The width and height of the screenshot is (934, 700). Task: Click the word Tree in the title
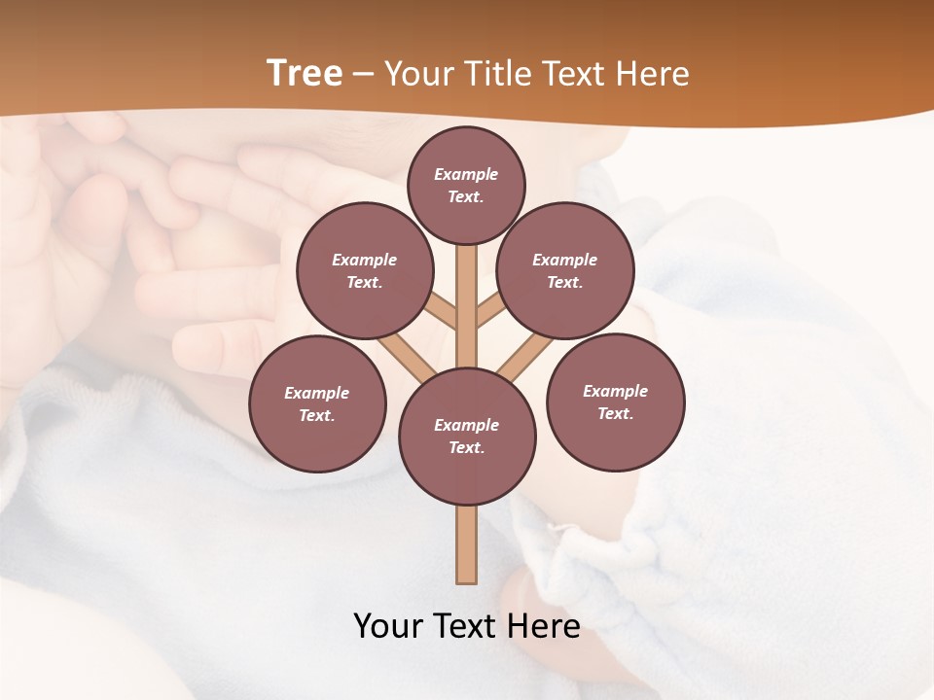tap(305, 74)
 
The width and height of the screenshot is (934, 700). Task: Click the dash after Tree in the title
tap(363, 75)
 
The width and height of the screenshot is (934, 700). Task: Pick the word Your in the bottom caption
tap(389, 626)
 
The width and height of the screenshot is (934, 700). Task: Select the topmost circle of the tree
tap(466, 185)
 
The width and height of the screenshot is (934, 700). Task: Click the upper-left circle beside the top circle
tap(364, 270)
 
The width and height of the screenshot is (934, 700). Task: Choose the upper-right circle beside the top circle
tap(565, 270)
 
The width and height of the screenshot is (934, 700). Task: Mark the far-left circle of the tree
tap(317, 403)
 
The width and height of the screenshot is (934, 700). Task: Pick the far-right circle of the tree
tap(615, 402)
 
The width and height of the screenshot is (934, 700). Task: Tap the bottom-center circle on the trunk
tap(467, 436)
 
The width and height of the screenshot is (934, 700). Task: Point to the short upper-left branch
tap(441, 311)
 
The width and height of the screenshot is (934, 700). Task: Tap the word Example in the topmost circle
tap(466, 174)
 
